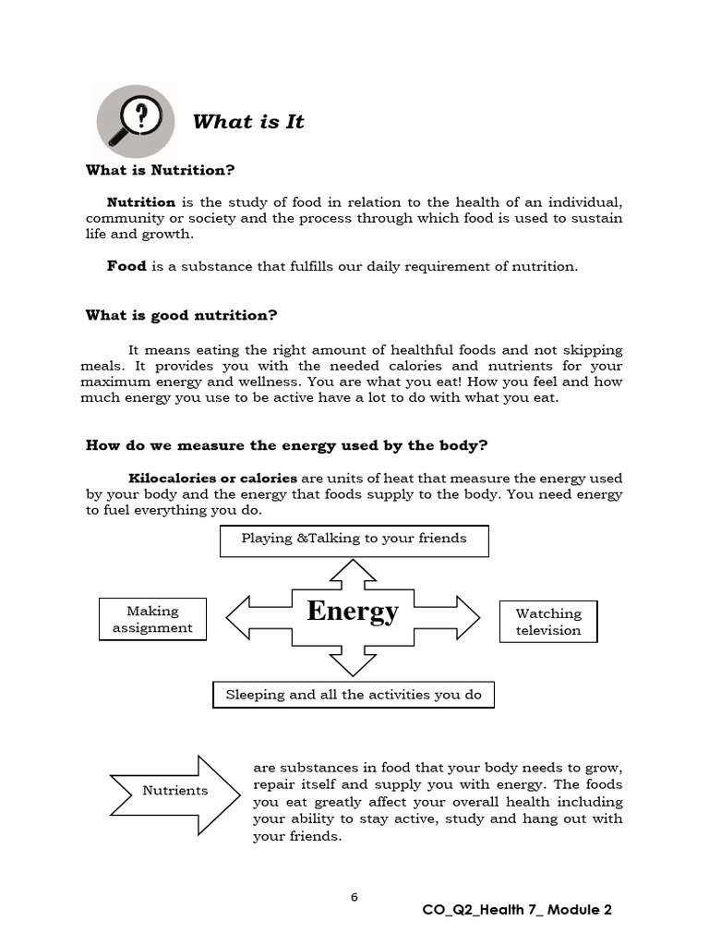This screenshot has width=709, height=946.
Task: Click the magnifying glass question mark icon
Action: [136, 121]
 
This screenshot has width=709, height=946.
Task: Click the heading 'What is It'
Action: [247, 122]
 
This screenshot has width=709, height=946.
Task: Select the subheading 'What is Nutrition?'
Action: [161, 170]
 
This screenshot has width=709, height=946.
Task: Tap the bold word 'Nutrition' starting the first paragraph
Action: [141, 201]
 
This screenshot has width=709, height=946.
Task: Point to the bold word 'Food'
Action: [126, 266]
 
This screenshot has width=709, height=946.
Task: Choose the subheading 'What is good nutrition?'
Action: [181, 315]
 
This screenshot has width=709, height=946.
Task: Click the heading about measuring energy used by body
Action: [286, 445]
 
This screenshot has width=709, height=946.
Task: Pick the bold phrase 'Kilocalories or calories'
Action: [212, 478]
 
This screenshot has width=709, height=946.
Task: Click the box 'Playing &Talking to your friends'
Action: [354, 540]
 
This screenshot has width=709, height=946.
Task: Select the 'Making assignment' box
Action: [152, 619]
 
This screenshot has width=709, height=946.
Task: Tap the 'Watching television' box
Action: [548, 622]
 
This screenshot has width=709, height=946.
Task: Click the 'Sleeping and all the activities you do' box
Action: [354, 695]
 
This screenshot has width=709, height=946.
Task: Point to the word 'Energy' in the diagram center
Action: [353, 612]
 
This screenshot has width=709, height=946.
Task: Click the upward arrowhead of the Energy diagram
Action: [353, 570]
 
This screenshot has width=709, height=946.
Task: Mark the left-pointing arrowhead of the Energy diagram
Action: [239, 617]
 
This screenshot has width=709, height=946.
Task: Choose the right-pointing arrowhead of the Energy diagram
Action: [466, 617]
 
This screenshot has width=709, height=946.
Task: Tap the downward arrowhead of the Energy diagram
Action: [353, 664]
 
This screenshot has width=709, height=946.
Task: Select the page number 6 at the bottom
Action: [354, 897]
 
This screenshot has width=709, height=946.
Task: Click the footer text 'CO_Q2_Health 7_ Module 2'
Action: [517, 910]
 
